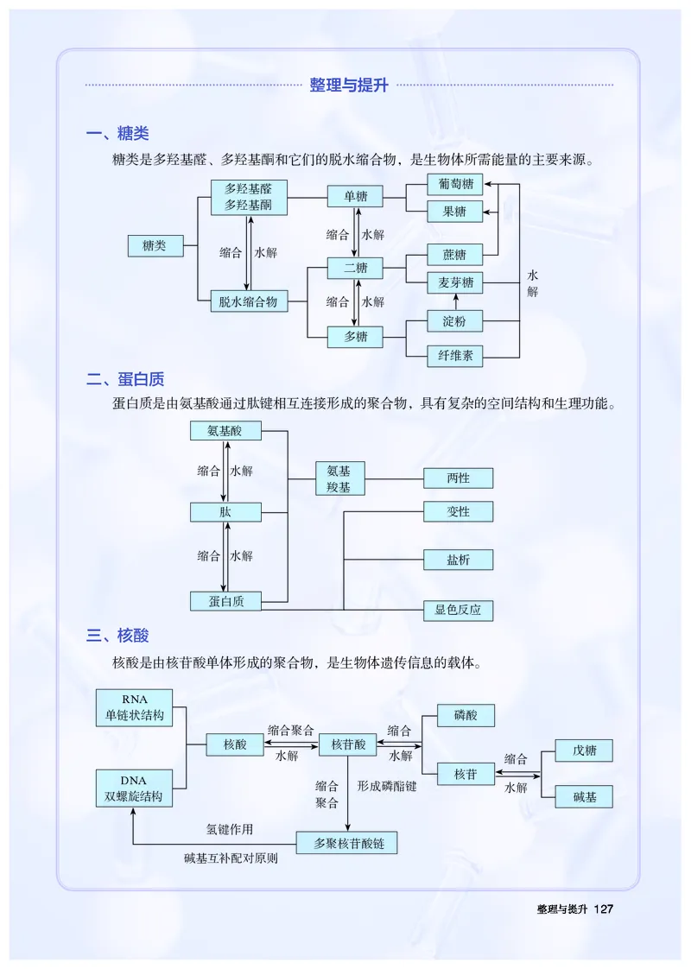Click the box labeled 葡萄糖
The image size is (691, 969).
(454, 184)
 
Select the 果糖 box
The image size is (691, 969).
(454, 212)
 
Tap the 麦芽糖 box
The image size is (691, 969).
(454, 282)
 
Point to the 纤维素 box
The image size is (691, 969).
(454, 354)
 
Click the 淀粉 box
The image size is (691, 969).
(454, 321)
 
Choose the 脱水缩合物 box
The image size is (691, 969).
(248, 301)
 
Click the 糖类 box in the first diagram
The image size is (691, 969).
(155, 246)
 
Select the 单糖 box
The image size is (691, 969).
(356, 197)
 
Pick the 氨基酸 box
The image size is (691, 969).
(225, 430)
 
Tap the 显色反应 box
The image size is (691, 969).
(458, 610)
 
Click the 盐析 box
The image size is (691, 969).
(458, 560)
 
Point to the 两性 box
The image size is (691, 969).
(458, 478)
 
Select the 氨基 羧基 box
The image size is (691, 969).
(339, 478)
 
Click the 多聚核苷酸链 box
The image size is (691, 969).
(347, 843)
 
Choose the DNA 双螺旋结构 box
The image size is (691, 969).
(134, 788)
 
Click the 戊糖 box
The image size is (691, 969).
(585, 750)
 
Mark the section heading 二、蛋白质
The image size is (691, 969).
(125, 379)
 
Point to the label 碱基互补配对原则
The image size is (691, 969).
(231, 858)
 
